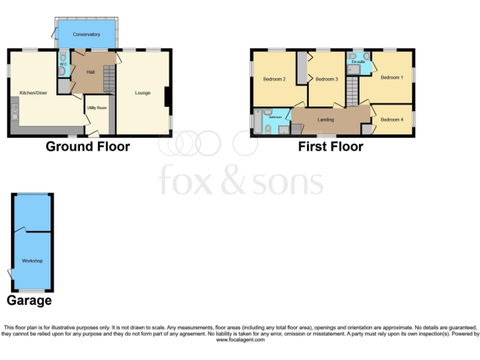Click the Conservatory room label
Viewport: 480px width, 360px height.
click(86, 34)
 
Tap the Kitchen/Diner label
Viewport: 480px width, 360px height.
click(33, 92)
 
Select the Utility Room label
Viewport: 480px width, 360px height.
click(97, 108)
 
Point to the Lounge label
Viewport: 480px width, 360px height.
click(142, 93)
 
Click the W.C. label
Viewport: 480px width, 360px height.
click(64, 64)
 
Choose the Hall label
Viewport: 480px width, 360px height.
click(91, 72)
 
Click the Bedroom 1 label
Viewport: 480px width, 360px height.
click(392, 77)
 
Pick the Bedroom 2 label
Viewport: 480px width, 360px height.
click(274, 79)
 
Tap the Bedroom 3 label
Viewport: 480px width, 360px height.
click(326, 79)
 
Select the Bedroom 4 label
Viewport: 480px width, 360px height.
click(392, 120)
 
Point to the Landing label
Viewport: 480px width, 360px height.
click(326, 120)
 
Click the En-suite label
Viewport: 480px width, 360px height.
click(358, 62)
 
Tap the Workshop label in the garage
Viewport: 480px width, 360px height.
click(32, 261)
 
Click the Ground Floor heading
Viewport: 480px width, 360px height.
click(87, 147)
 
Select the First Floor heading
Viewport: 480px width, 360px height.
click(331, 147)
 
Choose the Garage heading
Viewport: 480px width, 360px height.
click(29, 301)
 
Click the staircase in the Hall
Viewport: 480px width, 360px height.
click(109, 80)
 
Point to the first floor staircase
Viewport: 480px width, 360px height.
click(352, 91)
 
